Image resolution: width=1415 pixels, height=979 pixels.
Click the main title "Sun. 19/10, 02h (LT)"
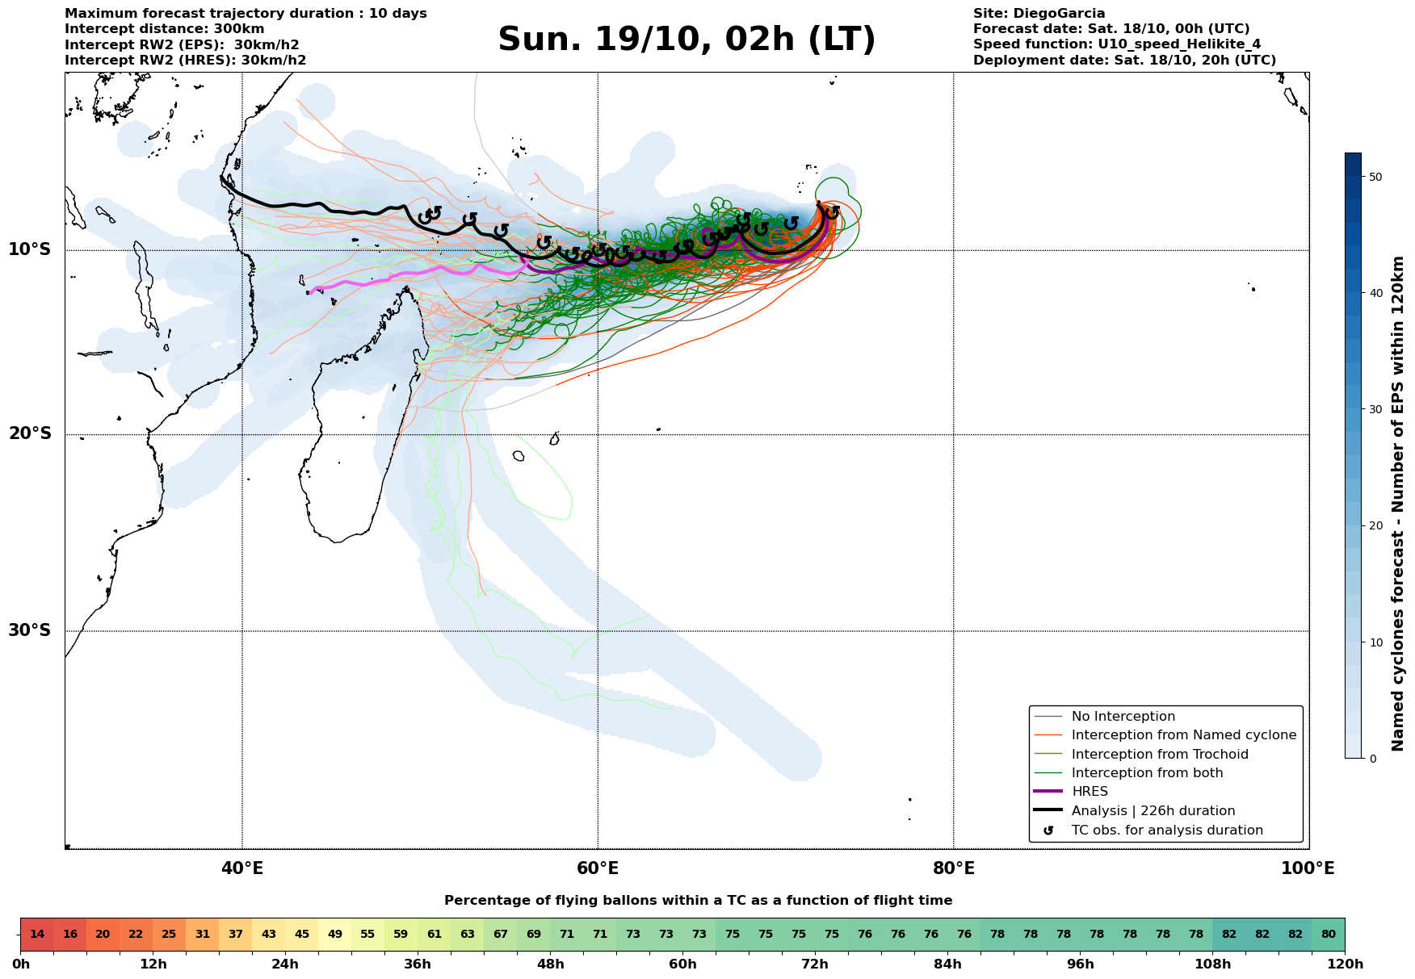[x=687, y=40]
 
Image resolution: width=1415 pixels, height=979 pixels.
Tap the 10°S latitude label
[x=29, y=249]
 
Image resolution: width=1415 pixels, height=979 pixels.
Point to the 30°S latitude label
[x=29, y=630]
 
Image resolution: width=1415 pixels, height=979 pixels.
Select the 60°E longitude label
[x=598, y=868]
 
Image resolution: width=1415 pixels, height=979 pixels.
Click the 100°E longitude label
[x=1308, y=868]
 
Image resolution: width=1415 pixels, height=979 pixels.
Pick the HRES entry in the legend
[x=1090, y=792]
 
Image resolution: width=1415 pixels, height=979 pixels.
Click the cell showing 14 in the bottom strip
[x=37, y=935]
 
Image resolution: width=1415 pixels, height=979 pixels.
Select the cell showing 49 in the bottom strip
[x=335, y=935]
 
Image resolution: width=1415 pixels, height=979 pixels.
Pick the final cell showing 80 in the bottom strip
[x=1329, y=935]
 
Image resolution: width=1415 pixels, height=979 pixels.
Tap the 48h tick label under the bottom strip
[x=550, y=964]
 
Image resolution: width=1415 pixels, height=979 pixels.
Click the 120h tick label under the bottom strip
[x=1345, y=964]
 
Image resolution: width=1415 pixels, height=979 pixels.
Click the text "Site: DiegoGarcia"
[x=1039, y=14]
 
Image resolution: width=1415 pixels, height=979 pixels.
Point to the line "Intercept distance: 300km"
[x=165, y=29]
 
